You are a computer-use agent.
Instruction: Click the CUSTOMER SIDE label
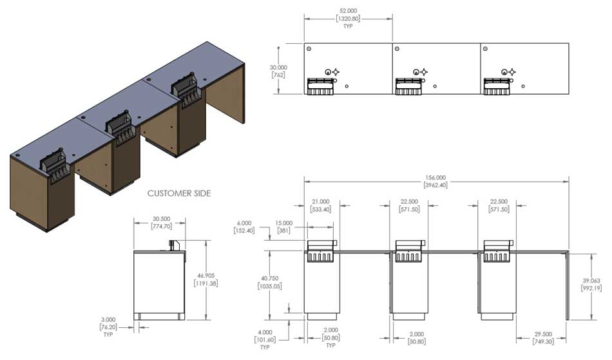coord(179,193)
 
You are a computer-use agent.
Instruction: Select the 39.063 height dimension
coord(592,284)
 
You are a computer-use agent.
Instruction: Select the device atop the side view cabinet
coord(172,245)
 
